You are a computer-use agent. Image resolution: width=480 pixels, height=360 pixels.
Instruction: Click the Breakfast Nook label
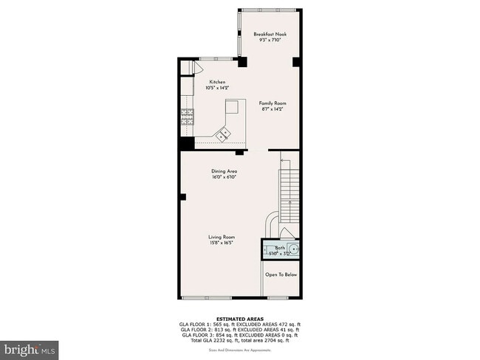[x=270, y=34]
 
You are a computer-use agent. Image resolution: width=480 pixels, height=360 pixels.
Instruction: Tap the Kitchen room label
[x=217, y=82]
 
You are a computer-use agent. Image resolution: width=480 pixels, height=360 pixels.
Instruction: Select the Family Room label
[x=272, y=103]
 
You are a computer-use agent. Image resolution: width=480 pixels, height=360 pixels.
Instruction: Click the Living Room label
[x=222, y=237]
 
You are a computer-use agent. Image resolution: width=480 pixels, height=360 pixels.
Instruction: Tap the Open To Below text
[x=281, y=274]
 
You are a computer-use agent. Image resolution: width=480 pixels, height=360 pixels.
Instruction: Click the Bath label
[x=280, y=248]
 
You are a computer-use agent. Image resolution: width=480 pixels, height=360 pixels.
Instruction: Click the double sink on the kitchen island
[x=224, y=133]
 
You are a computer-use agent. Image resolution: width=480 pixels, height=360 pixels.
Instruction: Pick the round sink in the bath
[x=295, y=250]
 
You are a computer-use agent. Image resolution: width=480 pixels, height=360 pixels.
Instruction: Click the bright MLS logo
[x=30, y=347]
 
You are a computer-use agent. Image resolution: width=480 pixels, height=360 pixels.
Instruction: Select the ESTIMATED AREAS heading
[x=239, y=319]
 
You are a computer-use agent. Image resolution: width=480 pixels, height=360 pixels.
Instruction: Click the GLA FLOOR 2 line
[x=239, y=329]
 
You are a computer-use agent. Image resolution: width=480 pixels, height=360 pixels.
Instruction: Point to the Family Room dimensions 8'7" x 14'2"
[x=272, y=109]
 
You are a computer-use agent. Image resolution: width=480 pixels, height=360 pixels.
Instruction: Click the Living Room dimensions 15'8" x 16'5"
[x=222, y=243]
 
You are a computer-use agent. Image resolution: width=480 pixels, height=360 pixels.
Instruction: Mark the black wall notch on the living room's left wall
[x=182, y=196]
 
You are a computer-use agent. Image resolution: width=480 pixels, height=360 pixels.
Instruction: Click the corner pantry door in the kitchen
[x=196, y=67]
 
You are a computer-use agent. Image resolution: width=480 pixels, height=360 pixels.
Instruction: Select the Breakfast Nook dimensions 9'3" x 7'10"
[x=270, y=40]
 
